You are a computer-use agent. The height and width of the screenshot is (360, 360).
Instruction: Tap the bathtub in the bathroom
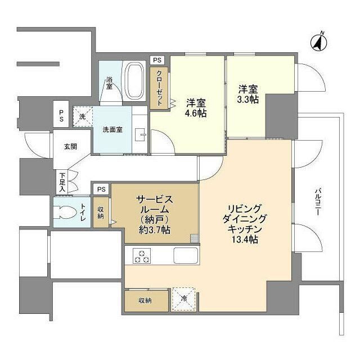tap(134, 81)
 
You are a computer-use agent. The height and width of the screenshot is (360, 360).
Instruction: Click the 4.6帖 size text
tap(196, 113)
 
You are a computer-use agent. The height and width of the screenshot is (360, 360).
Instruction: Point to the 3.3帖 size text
tap(247, 99)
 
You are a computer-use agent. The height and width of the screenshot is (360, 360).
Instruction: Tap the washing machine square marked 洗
tap(82, 117)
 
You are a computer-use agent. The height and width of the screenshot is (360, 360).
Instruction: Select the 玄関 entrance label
tap(70, 147)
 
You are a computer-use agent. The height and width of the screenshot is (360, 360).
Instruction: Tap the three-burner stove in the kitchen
tap(141, 256)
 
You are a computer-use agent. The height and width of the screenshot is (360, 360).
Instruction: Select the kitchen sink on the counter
tap(185, 255)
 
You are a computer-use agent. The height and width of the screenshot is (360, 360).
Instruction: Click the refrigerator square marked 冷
tap(184, 298)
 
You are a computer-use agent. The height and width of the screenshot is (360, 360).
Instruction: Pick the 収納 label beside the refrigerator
tap(146, 300)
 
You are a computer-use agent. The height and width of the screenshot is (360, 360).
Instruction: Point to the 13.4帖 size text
tap(244, 240)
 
